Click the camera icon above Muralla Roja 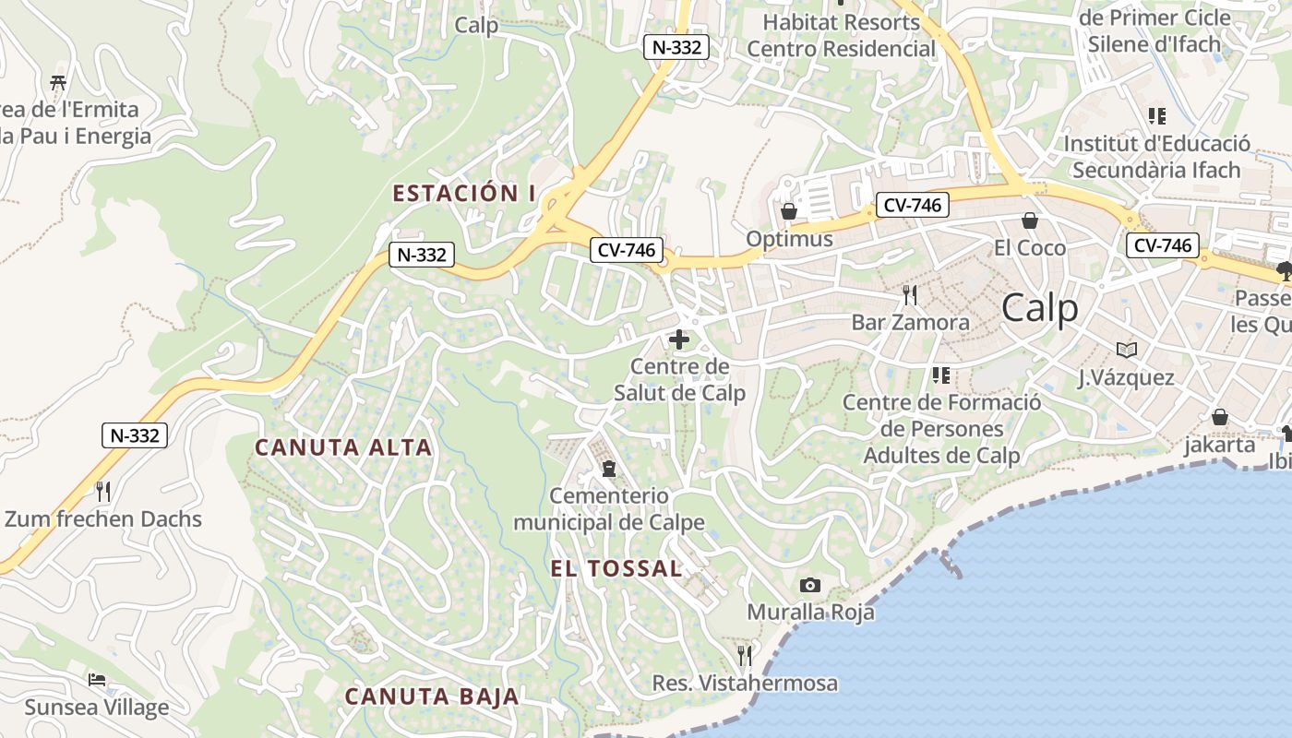[810, 585]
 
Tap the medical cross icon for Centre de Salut [679, 339]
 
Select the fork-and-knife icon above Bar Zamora [910, 295]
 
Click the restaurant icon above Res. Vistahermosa [745, 656]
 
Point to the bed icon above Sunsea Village [97, 681]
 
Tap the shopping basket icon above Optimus [789, 211]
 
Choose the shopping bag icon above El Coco [1030, 220]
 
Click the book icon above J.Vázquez [1126, 351]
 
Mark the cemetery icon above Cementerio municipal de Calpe [608, 469]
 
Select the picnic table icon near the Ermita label [59, 82]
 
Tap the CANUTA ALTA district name [343, 447]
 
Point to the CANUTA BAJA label [432, 696]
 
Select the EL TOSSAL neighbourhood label [616, 568]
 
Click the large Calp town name [1039, 308]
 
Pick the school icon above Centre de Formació [941, 375]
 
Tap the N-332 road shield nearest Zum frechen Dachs [135, 435]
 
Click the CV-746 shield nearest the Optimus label [912, 205]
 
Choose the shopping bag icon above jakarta [1220, 417]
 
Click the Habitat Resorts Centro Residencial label [841, 34]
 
